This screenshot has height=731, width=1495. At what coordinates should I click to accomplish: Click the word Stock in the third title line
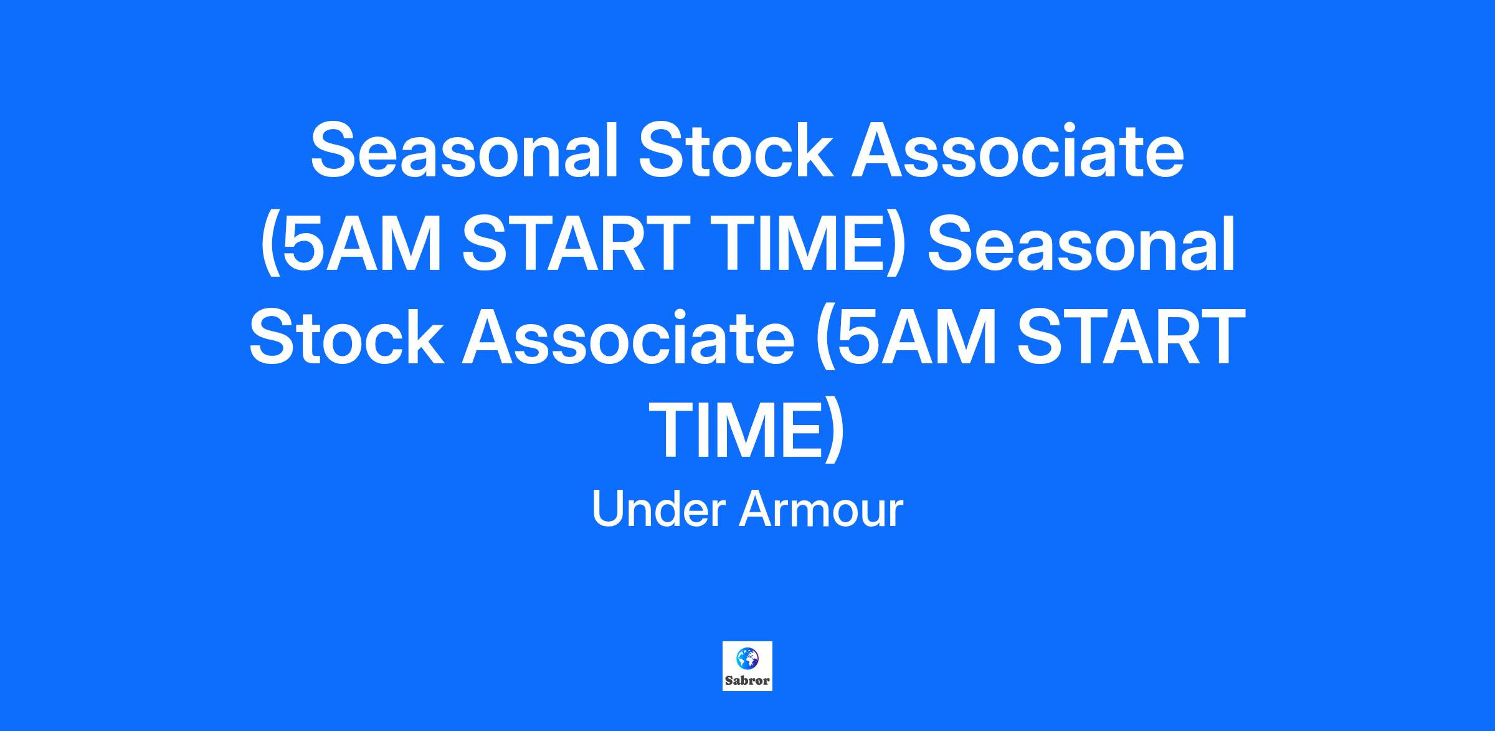(346, 337)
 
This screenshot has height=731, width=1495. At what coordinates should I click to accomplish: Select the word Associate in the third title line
(628, 337)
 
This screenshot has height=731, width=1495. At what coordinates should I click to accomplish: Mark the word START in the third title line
(1131, 337)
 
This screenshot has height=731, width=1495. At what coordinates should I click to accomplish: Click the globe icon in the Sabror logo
(747, 658)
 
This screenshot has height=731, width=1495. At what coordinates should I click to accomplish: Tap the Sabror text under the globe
(747, 681)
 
